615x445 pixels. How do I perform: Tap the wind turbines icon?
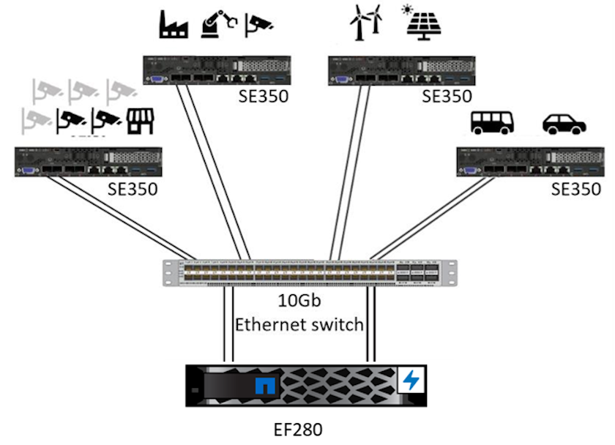point(366,23)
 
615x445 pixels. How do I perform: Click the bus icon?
point(492,122)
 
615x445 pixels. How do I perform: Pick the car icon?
point(564,124)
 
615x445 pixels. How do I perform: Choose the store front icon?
point(138,121)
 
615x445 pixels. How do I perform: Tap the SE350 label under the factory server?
point(263,96)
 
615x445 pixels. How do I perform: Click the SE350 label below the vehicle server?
point(576,189)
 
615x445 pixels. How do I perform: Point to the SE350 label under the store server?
point(133,189)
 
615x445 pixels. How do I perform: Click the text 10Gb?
point(299,301)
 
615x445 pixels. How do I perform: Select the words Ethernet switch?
point(299,324)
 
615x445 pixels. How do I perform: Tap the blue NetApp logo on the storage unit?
point(266,386)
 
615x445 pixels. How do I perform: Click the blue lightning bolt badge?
point(411,381)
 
